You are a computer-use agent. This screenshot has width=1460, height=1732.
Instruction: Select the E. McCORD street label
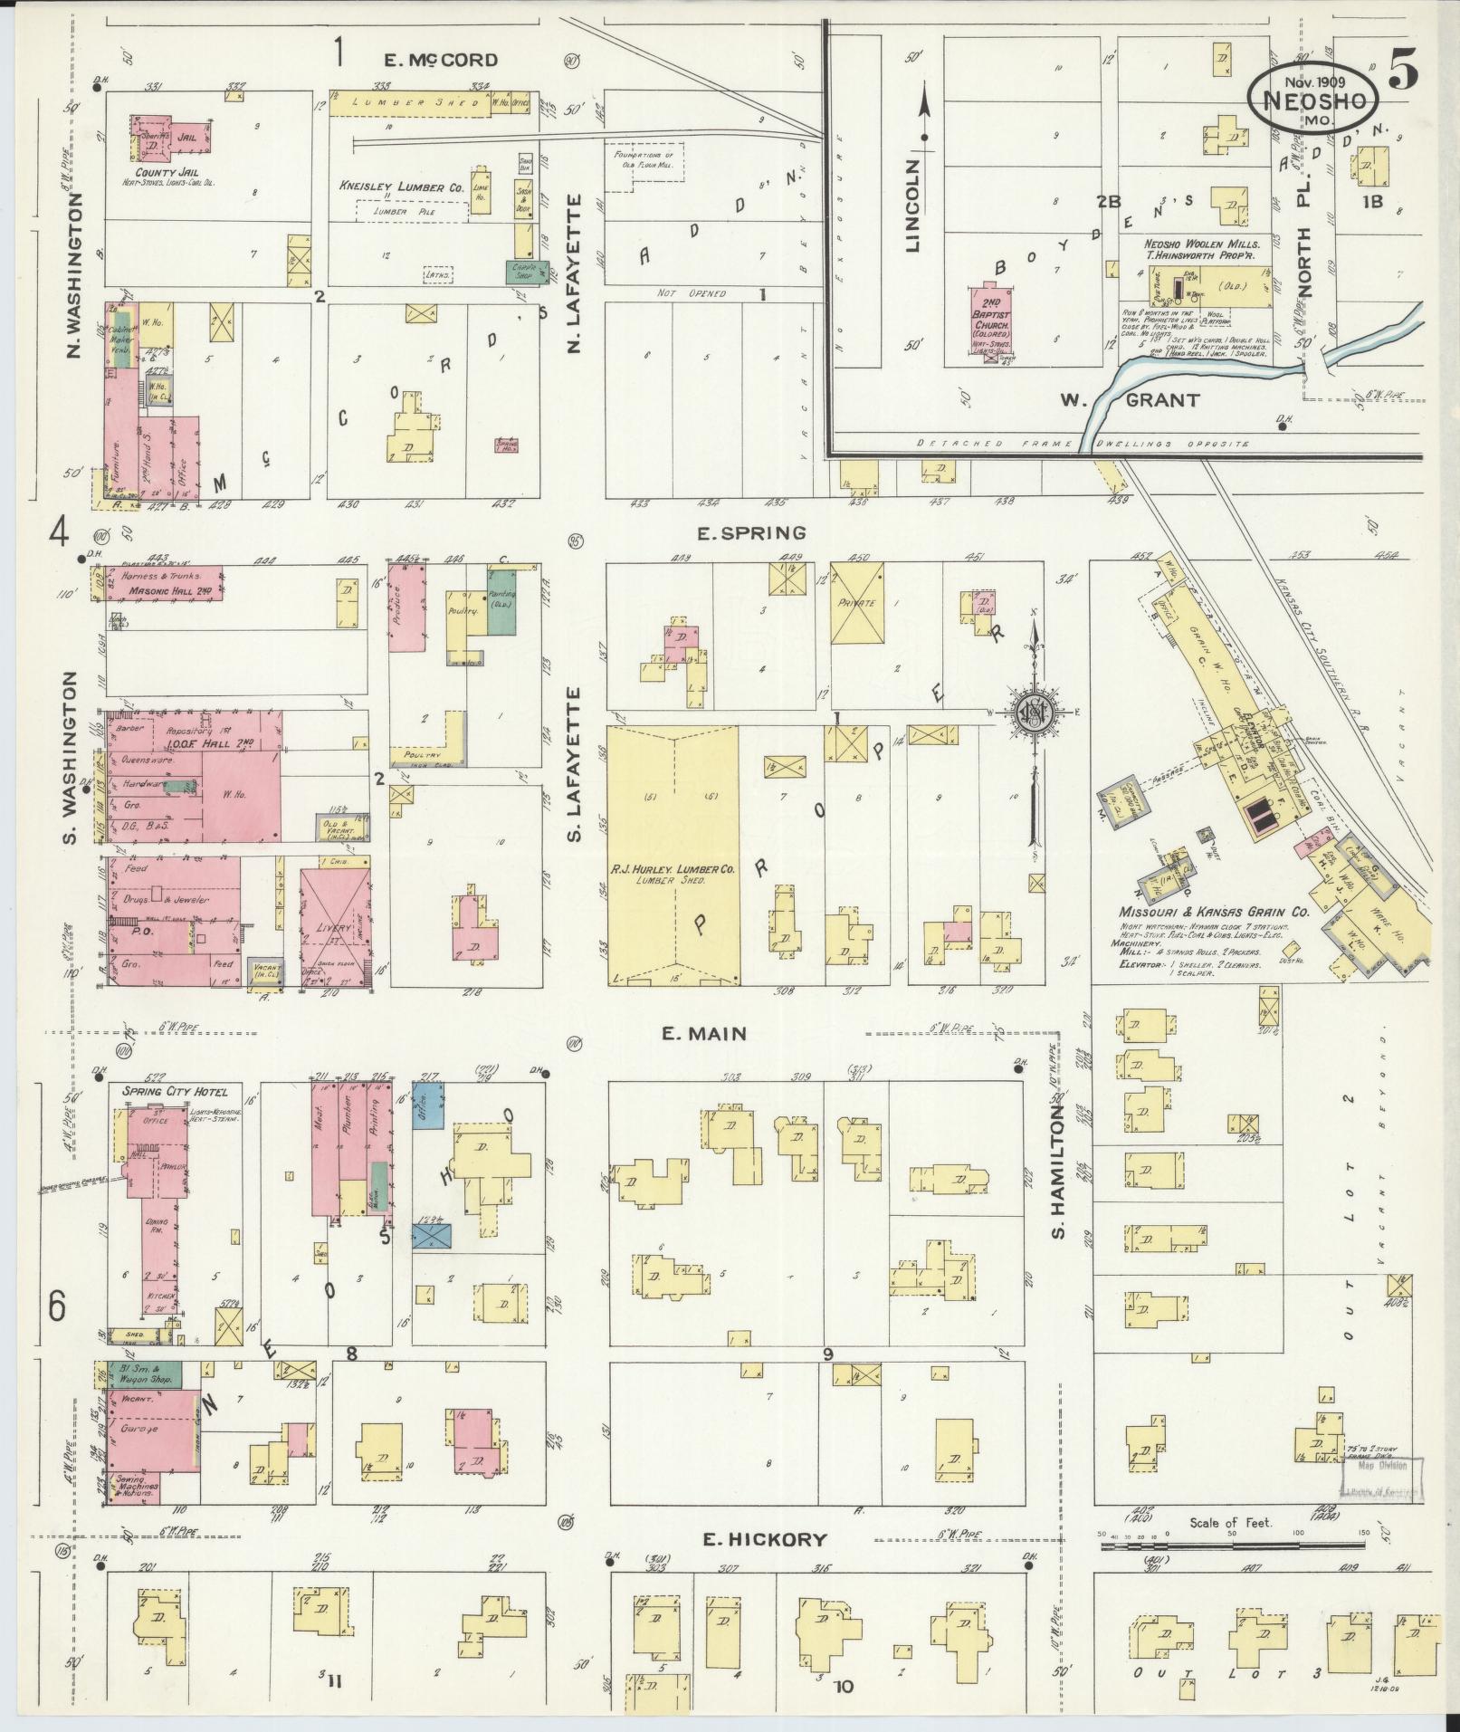pyautogui.click(x=441, y=61)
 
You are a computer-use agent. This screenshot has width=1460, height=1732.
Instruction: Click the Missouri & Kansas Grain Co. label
pyautogui.click(x=1213, y=913)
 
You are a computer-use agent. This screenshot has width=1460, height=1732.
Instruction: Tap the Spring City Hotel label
pyautogui.click(x=168, y=1091)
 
